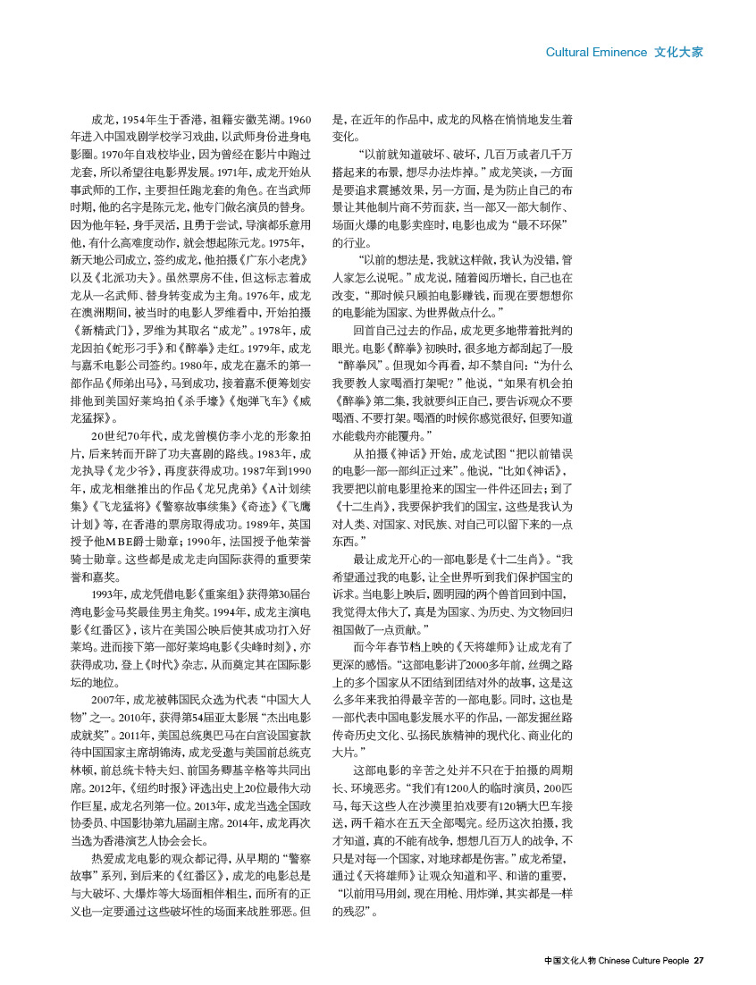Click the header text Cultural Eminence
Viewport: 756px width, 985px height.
coord(596,52)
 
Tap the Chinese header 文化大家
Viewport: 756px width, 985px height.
coord(678,52)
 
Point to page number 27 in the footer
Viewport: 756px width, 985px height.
coord(700,961)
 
